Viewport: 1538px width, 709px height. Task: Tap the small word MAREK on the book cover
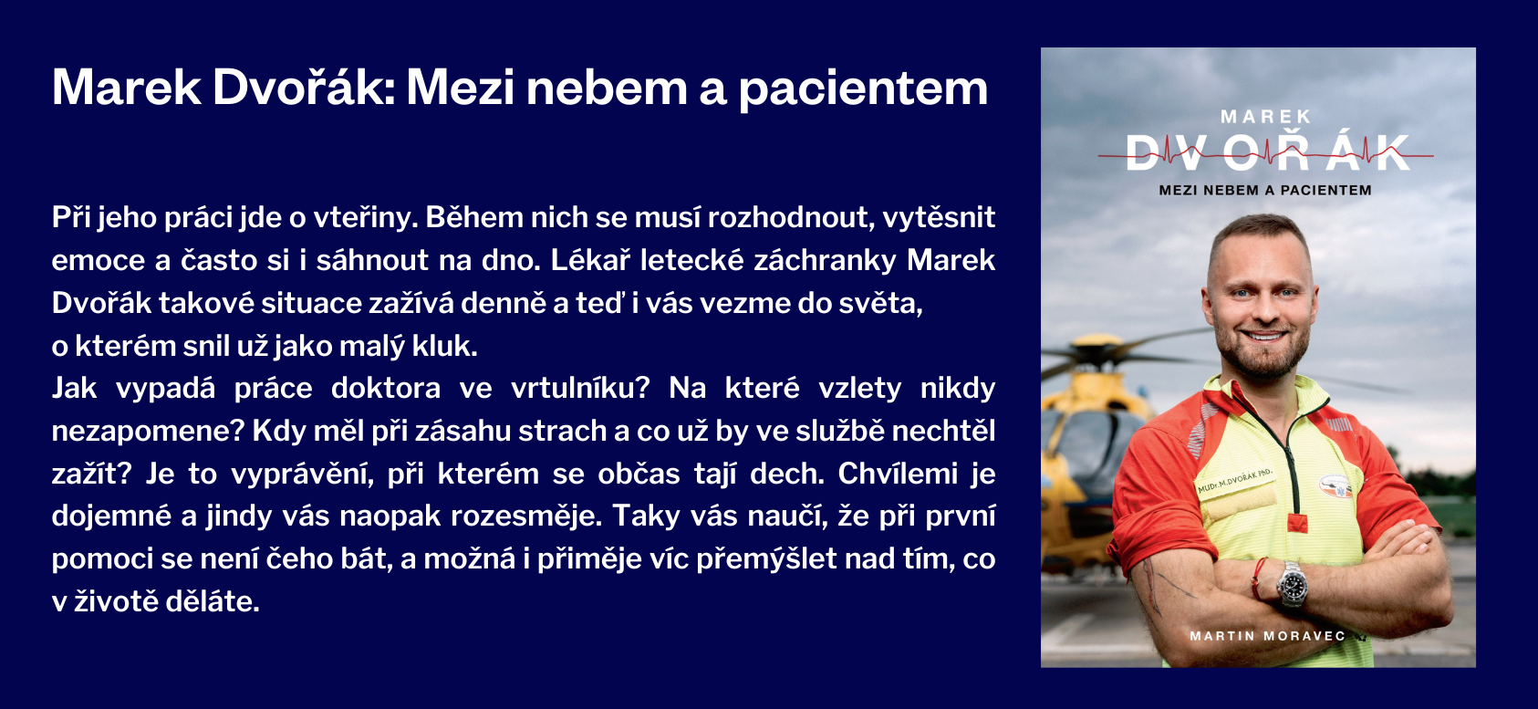pyautogui.click(x=1265, y=117)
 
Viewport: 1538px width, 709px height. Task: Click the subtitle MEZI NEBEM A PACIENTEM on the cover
pyautogui.click(x=1264, y=191)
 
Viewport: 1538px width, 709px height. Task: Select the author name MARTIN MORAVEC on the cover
pyautogui.click(x=1267, y=636)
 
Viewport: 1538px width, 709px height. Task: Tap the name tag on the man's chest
pyautogui.click(x=1234, y=482)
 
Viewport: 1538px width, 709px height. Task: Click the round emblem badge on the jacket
pyautogui.click(x=1335, y=485)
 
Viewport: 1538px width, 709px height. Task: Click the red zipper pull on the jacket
pyautogui.click(x=1296, y=522)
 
